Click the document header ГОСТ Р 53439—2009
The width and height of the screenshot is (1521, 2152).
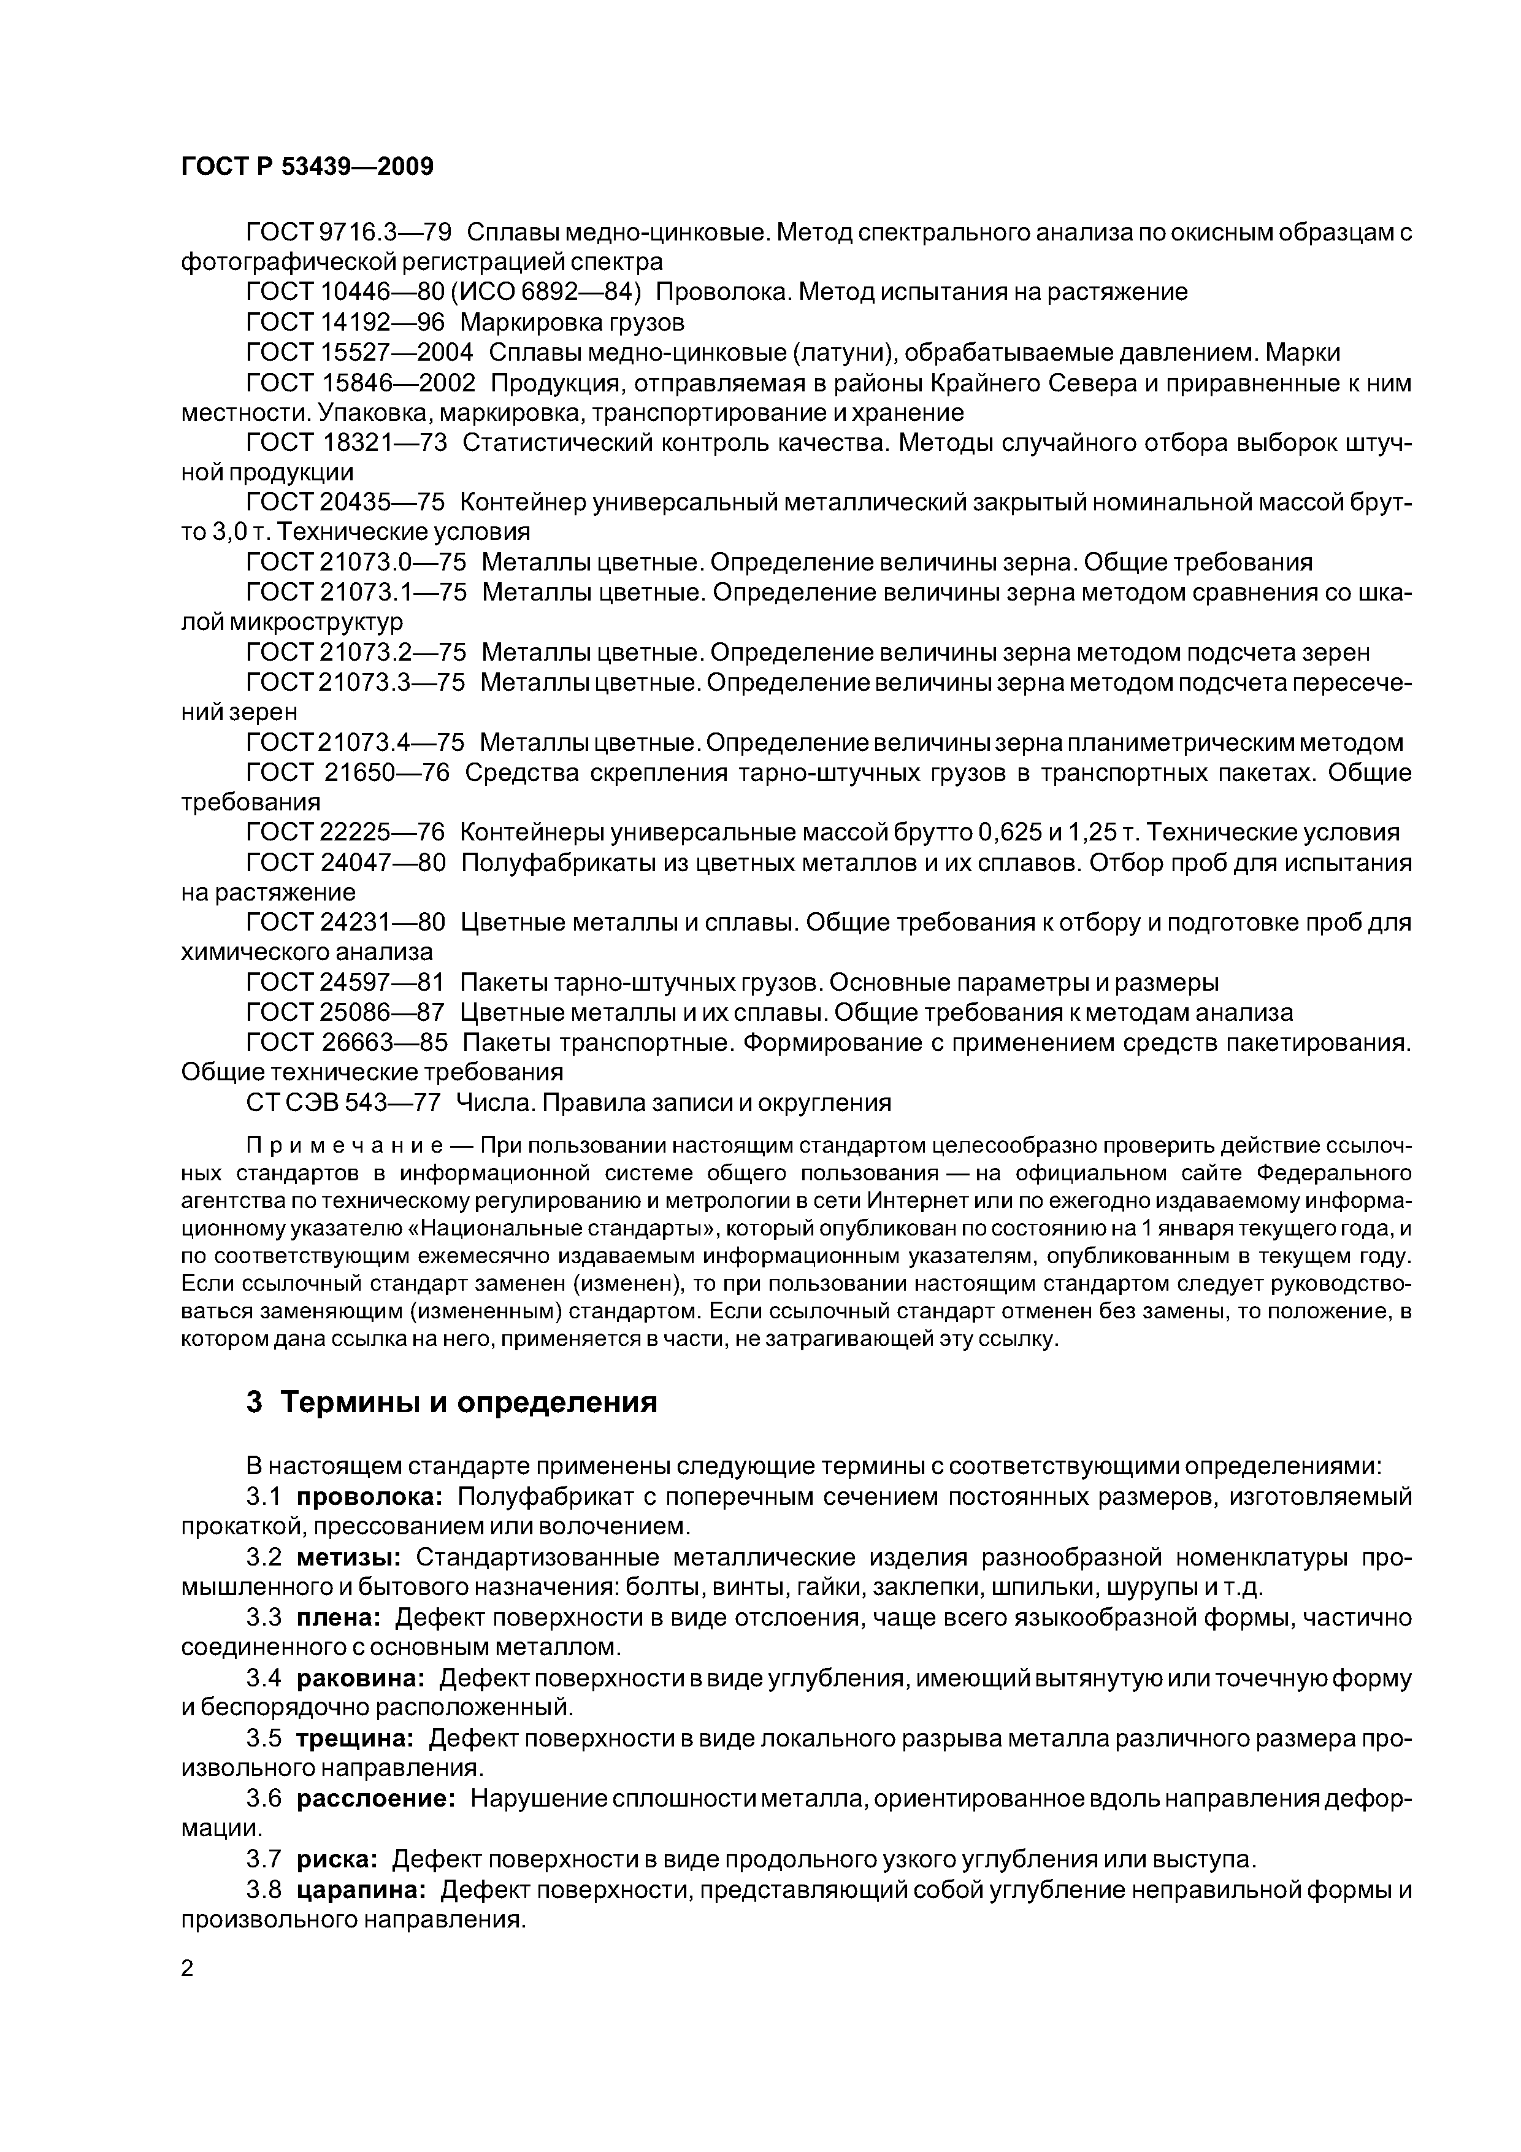pyautogui.click(x=307, y=167)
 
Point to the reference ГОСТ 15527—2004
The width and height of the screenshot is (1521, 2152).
pyautogui.click(x=360, y=352)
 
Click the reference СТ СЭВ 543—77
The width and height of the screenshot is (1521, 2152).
pyautogui.click(x=343, y=1103)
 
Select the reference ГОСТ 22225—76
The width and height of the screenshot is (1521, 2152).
pyautogui.click(x=346, y=832)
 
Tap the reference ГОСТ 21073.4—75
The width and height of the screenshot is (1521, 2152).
pyautogui.click(x=355, y=742)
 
